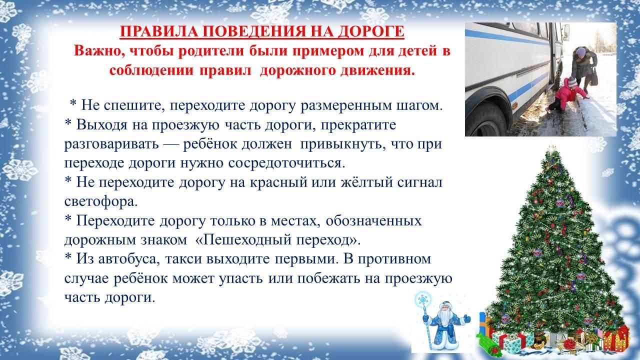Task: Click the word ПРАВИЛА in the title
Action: (159, 31)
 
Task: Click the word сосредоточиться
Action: (287, 163)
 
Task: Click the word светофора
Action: (101, 201)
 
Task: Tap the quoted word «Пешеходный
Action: (244, 239)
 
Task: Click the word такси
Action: (185, 259)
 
